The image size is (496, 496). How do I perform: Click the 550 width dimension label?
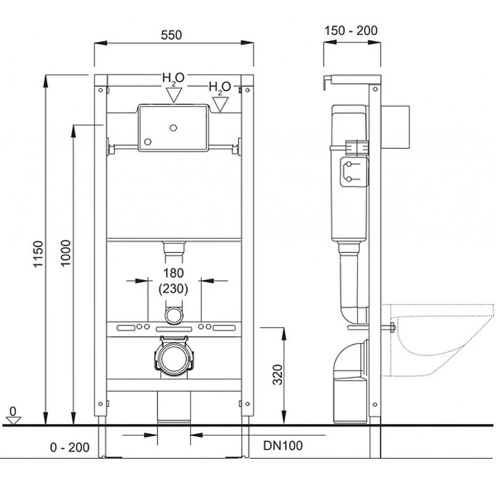click(x=171, y=35)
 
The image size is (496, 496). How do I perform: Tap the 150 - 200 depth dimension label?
click(x=351, y=30)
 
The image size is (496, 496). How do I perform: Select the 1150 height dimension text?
click(x=38, y=254)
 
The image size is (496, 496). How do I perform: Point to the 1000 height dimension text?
click(x=66, y=253)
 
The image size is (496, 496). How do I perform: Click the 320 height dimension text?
click(x=277, y=374)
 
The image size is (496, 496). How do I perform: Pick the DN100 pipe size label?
click(x=283, y=445)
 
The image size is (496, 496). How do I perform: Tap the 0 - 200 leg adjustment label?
click(x=69, y=447)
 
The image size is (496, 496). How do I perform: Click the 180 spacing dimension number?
click(x=174, y=273)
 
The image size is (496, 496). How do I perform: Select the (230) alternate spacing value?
click(x=174, y=288)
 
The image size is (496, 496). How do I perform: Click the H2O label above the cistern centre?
click(x=173, y=79)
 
